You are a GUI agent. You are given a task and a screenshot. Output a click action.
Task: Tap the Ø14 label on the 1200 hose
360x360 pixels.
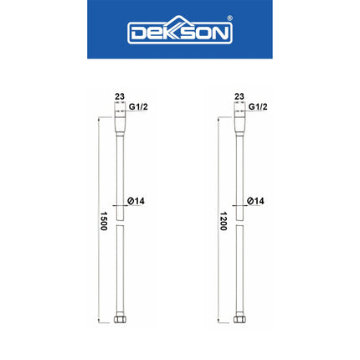tap(256, 202)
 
